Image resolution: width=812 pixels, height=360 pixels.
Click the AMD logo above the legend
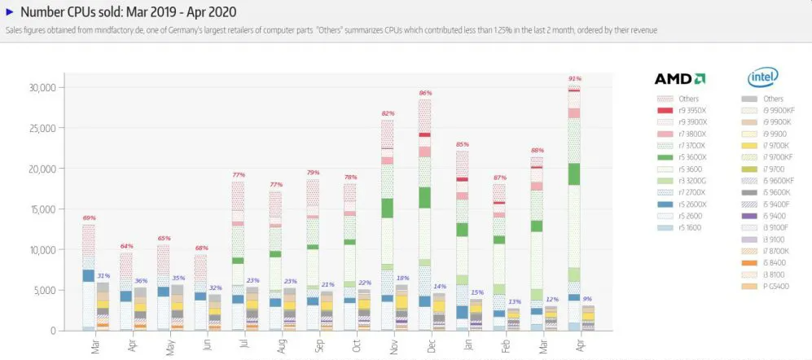click(x=679, y=79)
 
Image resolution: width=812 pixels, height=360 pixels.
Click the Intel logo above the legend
click(x=763, y=78)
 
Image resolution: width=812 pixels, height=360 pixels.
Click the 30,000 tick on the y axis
click(x=41, y=87)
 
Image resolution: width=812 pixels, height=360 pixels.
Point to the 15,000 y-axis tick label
click(x=41, y=209)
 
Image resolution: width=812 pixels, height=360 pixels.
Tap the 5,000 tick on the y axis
click(x=44, y=290)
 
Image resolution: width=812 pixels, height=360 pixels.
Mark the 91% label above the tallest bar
click(x=574, y=78)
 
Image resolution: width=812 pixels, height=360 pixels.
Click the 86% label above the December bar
click(x=424, y=94)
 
